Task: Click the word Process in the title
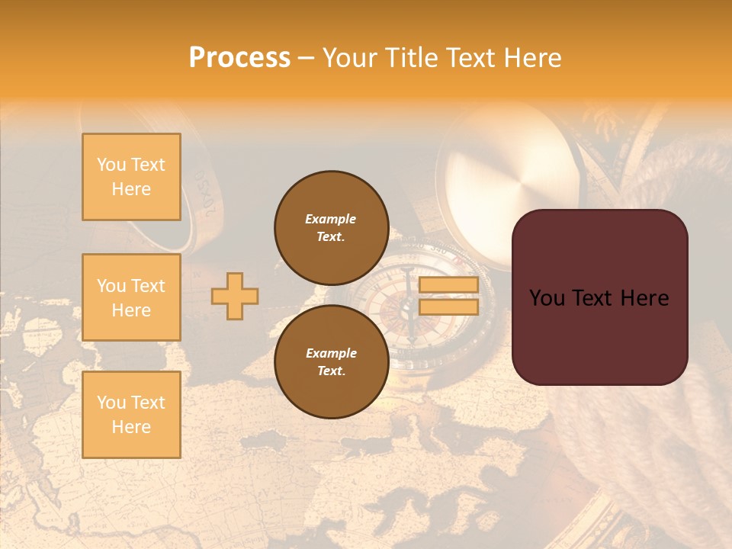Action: tap(239, 58)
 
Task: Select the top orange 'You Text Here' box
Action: tap(131, 177)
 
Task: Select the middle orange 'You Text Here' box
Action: tap(131, 297)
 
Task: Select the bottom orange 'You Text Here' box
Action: tap(131, 415)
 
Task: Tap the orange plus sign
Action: tap(235, 296)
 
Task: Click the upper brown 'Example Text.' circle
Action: tap(331, 228)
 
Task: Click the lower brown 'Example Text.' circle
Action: tap(331, 362)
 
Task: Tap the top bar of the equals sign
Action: tap(448, 284)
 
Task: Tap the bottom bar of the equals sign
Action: tap(448, 307)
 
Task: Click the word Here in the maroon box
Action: tap(644, 298)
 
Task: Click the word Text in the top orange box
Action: tap(147, 165)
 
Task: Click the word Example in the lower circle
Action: tap(331, 353)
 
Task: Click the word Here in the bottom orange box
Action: tap(131, 427)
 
